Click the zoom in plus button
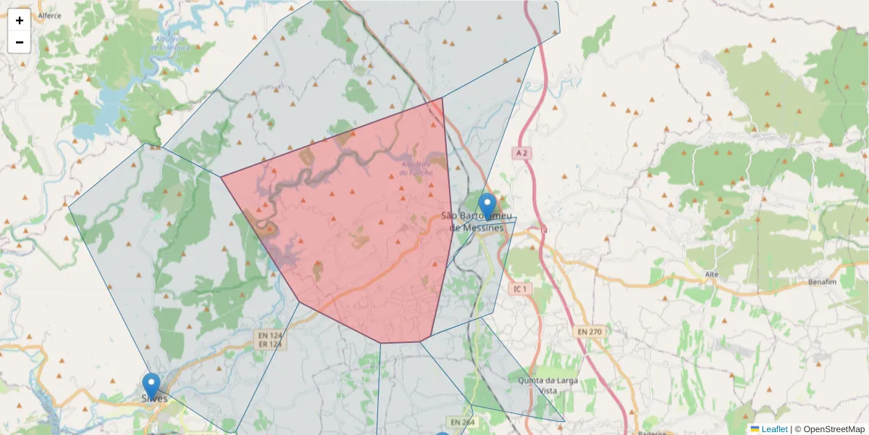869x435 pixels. [20, 20]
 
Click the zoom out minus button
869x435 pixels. [20, 42]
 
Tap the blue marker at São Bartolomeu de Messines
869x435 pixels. [487, 206]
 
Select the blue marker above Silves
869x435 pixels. [151, 385]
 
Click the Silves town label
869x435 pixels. [154, 399]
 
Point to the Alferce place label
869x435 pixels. [49, 15]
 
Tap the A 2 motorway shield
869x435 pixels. [521, 153]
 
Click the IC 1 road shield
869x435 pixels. [519, 289]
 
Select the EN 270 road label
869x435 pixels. [589, 331]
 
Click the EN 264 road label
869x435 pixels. [461, 422]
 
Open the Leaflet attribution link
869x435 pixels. [773, 429]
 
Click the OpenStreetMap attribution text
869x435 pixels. [834, 429]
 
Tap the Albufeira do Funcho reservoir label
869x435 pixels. [417, 169]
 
